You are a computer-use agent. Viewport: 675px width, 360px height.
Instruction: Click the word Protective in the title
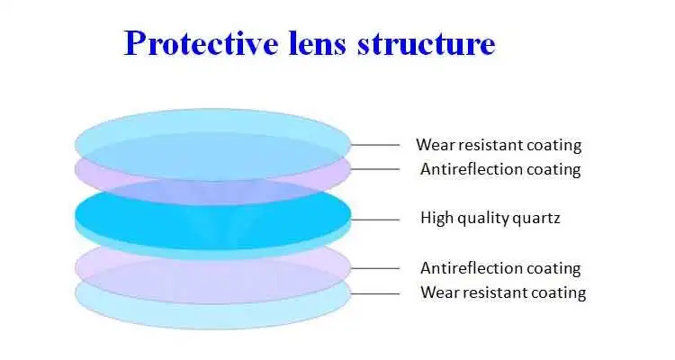(x=201, y=43)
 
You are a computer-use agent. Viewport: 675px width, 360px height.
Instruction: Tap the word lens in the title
(x=318, y=43)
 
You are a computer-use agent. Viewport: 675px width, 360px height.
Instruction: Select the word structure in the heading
(x=427, y=45)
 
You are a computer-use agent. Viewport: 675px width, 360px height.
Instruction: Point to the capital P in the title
(x=135, y=43)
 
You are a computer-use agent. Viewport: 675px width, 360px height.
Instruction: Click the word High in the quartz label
(x=436, y=218)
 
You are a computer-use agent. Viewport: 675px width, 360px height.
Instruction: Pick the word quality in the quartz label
(x=483, y=219)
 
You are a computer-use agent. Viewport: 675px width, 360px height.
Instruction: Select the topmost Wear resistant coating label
(x=499, y=145)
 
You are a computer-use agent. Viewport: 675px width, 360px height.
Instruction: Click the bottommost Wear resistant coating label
(x=503, y=292)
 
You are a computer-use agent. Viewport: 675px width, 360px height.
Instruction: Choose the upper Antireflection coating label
(x=500, y=169)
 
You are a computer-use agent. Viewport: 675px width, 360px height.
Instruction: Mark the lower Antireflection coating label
(x=500, y=268)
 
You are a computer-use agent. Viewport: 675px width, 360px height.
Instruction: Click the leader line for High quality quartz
(x=375, y=220)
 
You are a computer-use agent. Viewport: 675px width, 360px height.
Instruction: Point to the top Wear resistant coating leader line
(x=375, y=145)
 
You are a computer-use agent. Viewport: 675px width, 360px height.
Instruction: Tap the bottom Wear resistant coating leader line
(x=375, y=294)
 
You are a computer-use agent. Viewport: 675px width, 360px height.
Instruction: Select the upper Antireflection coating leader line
(x=375, y=169)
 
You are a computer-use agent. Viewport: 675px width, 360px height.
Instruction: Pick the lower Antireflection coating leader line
(x=375, y=268)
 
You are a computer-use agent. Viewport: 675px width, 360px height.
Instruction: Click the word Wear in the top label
(x=435, y=145)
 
